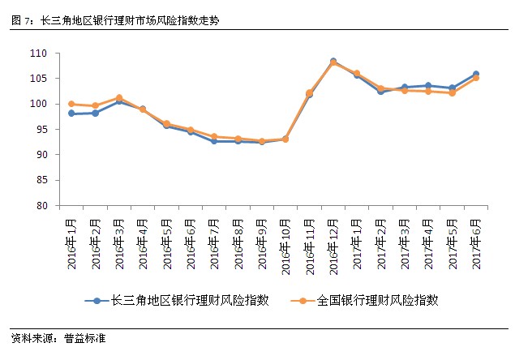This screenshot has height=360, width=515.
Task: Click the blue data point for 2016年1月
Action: [x=71, y=114]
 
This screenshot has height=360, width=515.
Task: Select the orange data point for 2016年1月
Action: [x=71, y=104]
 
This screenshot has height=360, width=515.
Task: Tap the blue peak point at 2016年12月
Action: [x=333, y=61]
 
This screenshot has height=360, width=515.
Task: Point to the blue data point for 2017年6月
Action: [x=476, y=74]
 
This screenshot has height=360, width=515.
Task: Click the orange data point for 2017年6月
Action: [x=476, y=78]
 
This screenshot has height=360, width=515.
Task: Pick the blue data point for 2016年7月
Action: [x=214, y=141]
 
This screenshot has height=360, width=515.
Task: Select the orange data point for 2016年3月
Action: [x=119, y=97]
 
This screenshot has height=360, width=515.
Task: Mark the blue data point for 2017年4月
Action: [x=428, y=85]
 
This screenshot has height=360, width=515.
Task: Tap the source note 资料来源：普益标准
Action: [x=58, y=337]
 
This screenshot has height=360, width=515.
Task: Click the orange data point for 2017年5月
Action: [x=452, y=93]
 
